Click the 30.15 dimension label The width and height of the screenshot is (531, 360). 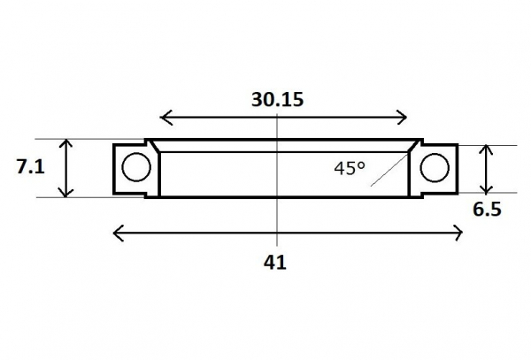coord(277,100)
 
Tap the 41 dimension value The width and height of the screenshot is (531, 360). coord(275,263)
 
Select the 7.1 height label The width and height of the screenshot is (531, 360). coord(30,167)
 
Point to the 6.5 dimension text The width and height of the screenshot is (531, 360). coord(487,210)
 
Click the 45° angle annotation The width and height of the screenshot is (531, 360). coord(350,168)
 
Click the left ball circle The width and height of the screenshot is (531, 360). coord(136,167)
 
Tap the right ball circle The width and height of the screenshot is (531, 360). coord(435,168)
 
